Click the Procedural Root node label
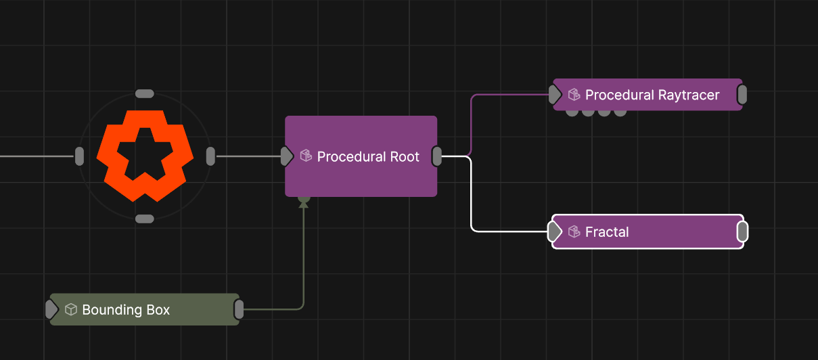[368, 157]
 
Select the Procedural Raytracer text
[652, 95]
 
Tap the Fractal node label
[607, 232]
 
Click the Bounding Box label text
[126, 310]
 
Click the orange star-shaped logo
[145, 156]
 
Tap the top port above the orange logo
[145, 93]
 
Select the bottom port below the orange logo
[145, 219]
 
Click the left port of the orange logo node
[79, 156]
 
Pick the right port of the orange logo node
[210, 156]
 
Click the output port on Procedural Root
[437, 156]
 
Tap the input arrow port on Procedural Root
[287, 156]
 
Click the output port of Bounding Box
[239, 309]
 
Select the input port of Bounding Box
[51, 309]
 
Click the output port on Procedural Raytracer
[742, 95]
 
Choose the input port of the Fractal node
[555, 232]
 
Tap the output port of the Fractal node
[742, 232]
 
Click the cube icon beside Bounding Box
[71, 310]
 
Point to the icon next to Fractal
[574, 232]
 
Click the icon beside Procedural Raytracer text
[574, 95]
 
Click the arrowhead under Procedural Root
[304, 202]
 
